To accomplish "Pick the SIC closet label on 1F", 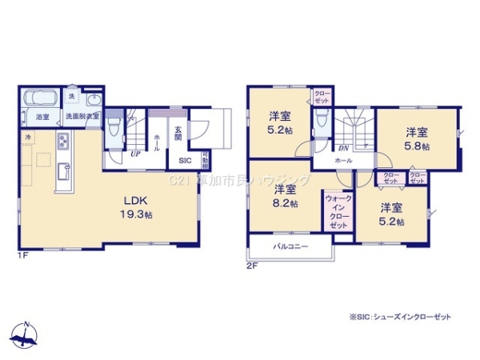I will [x=183, y=159].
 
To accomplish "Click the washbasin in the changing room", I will [x=93, y=101].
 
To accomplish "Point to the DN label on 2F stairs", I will [x=342, y=147].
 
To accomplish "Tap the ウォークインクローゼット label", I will [x=338, y=211].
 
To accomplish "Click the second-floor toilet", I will [x=322, y=120].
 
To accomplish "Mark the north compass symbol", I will [x=26, y=335].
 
